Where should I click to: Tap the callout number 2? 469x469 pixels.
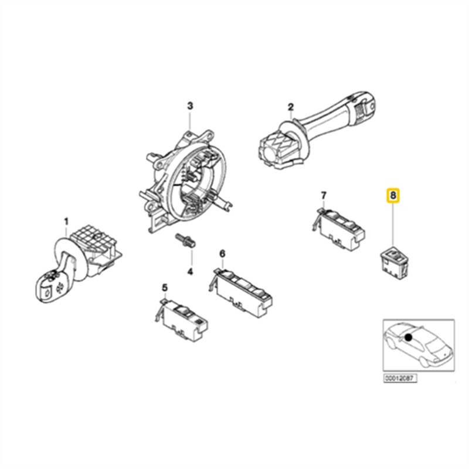click(x=290, y=107)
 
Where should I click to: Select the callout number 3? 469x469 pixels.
click(x=190, y=106)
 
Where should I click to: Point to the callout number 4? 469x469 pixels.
click(x=190, y=271)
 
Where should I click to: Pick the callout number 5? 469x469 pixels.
click(x=165, y=287)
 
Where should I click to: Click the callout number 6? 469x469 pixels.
click(x=222, y=253)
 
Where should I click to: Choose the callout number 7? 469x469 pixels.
click(x=323, y=195)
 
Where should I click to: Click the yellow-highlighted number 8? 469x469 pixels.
click(x=392, y=194)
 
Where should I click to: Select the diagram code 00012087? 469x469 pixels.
click(x=400, y=379)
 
